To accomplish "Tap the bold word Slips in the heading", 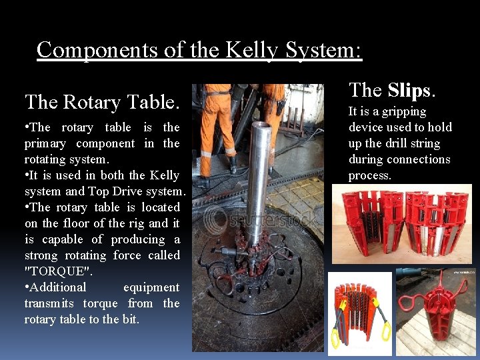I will pyautogui.click(x=409, y=91).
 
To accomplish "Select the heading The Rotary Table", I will pyautogui.click(x=102, y=102).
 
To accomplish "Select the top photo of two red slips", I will pyautogui.click(x=402, y=223).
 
